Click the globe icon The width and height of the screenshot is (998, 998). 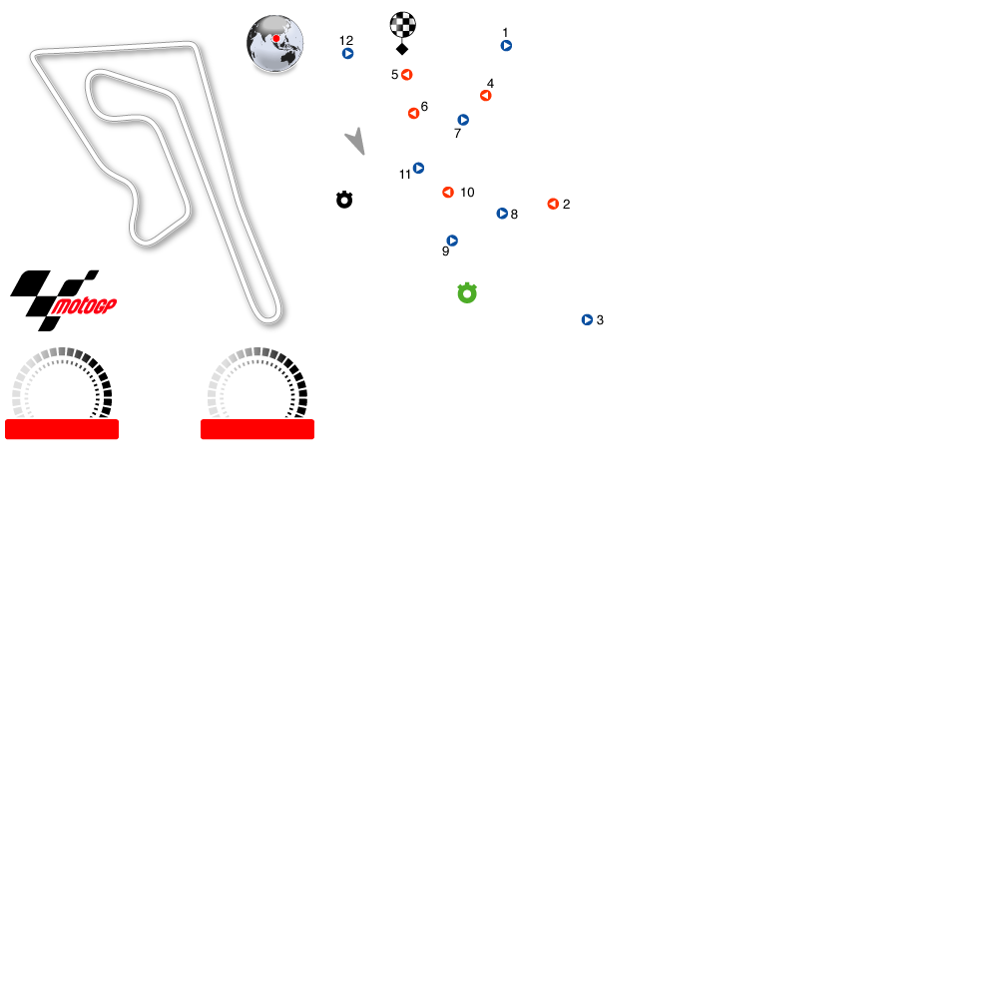[275, 43]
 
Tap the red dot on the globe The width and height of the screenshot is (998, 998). [276, 39]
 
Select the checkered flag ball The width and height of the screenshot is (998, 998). [402, 24]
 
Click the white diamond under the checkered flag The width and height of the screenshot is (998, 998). [402, 49]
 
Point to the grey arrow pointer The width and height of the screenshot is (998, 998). [356, 141]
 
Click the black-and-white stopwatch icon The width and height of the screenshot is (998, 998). [344, 200]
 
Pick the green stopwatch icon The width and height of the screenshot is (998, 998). [467, 293]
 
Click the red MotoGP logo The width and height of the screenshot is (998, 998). [84, 306]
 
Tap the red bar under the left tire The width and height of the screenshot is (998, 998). [62, 429]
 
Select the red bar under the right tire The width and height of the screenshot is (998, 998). [257, 429]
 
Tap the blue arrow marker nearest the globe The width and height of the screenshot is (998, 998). [347, 54]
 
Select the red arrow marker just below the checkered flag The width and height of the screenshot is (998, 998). [406, 75]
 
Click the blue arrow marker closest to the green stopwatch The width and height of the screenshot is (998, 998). [452, 241]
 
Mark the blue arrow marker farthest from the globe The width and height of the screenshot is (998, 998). [587, 320]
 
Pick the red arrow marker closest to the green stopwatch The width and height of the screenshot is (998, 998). [448, 193]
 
